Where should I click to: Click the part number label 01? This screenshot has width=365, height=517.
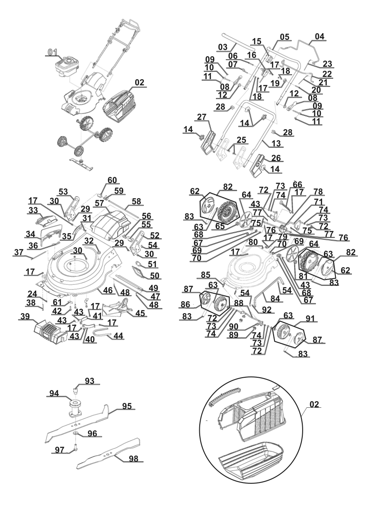[53, 53]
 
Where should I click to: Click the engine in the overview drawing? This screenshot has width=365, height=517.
[68, 66]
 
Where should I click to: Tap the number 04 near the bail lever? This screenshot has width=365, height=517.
[319, 36]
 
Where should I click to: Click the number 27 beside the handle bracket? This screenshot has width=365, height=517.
[202, 117]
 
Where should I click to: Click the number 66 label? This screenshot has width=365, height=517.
[297, 184]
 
